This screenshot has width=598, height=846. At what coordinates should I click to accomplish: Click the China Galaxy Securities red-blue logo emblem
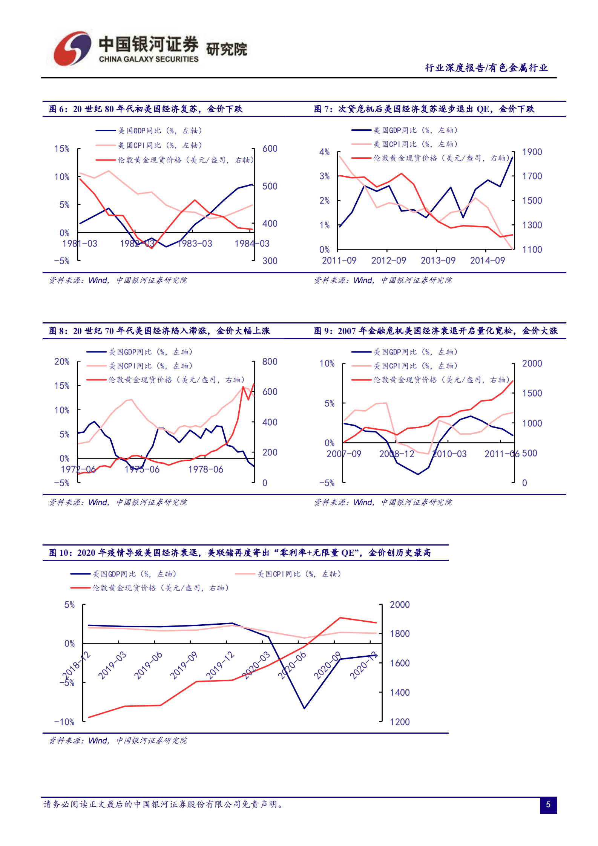(x=72, y=48)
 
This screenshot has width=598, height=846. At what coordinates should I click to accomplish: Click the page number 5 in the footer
(x=548, y=805)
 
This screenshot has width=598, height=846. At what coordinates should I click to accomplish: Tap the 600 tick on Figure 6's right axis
(x=270, y=149)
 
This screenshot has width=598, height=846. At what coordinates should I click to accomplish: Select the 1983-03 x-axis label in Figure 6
(x=195, y=244)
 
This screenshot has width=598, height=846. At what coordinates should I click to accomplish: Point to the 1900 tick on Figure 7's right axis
(x=532, y=152)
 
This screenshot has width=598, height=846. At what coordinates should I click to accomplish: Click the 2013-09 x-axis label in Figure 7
(x=438, y=261)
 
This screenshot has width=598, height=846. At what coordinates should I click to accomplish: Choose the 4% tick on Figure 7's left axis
(x=324, y=152)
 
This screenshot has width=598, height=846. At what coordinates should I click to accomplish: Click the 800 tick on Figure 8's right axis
(x=270, y=362)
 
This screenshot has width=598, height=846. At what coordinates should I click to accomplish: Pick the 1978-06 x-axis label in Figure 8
(x=205, y=469)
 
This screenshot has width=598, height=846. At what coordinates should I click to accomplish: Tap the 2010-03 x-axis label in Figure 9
(x=449, y=454)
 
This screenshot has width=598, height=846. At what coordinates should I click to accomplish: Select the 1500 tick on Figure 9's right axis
(x=532, y=393)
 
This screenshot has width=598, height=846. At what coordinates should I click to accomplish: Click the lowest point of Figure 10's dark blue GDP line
(x=304, y=708)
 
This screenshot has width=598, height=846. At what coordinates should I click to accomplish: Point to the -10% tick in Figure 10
(x=64, y=722)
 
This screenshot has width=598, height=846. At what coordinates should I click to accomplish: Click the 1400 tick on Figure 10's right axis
(x=399, y=693)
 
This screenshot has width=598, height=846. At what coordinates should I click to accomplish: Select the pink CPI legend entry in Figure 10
(x=288, y=574)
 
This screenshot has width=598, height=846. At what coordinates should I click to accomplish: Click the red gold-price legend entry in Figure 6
(x=175, y=160)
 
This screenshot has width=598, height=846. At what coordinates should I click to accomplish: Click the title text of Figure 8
(x=159, y=331)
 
